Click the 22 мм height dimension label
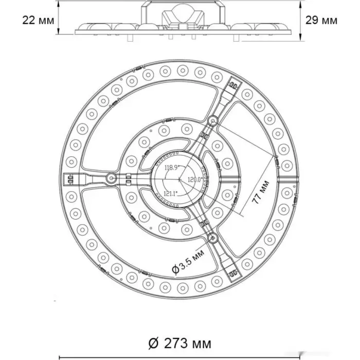point(38,21)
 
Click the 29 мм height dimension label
point(321,21)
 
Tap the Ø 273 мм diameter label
point(180,343)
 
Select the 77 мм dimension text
point(261,192)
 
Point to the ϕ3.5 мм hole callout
point(188,261)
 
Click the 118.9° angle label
point(171,167)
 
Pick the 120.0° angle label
point(195,179)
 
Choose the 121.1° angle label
point(171,193)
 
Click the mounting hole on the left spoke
point(112,178)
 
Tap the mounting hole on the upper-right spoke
point(213,120)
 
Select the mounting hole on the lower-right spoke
point(212,238)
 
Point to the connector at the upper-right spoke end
point(233,85)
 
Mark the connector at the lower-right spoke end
point(233,273)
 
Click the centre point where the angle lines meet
point(179,179)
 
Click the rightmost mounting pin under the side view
point(236,38)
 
